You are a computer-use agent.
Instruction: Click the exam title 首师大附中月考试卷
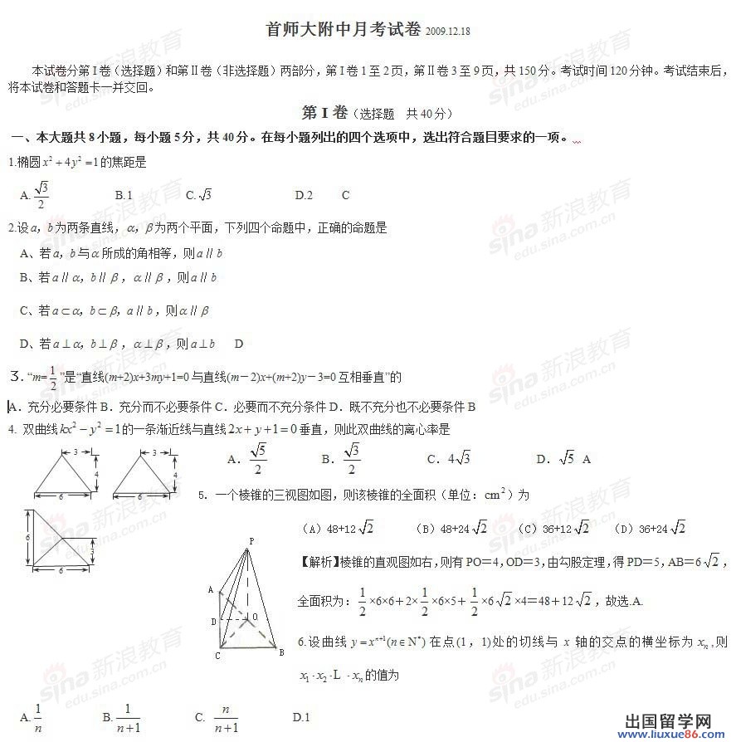344,30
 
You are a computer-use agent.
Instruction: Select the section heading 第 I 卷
324,113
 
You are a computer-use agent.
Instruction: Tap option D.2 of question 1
304,195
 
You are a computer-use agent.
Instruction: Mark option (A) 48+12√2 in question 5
340,528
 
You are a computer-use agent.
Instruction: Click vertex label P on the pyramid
250,541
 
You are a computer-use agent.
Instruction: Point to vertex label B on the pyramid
281,652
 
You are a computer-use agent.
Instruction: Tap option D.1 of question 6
301,717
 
